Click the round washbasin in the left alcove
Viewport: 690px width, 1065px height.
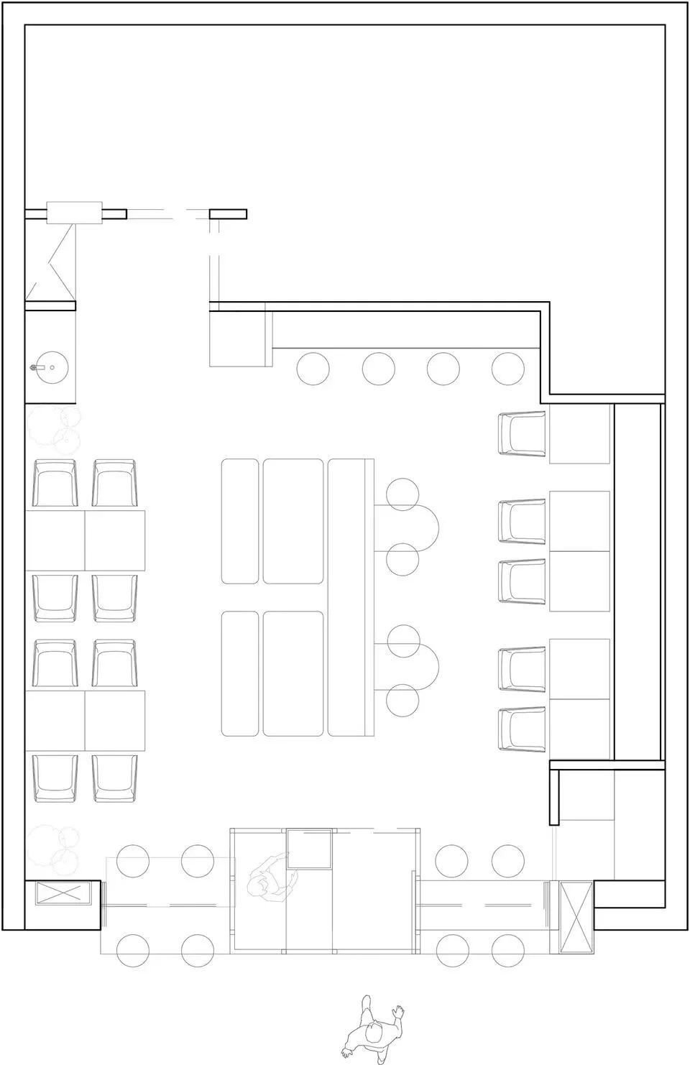coord(51,368)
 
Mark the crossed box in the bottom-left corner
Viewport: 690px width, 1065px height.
coord(63,894)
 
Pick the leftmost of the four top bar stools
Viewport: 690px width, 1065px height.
coord(313,369)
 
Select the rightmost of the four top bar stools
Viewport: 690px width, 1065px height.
coord(507,369)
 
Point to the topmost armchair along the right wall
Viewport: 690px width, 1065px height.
coord(523,433)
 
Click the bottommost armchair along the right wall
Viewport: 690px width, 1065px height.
coord(523,729)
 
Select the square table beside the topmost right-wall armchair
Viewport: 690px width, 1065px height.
coord(579,433)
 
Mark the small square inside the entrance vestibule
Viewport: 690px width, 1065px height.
coord(310,848)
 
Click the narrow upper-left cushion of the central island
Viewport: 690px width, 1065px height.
coord(240,521)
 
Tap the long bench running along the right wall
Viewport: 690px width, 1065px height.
coord(636,582)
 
